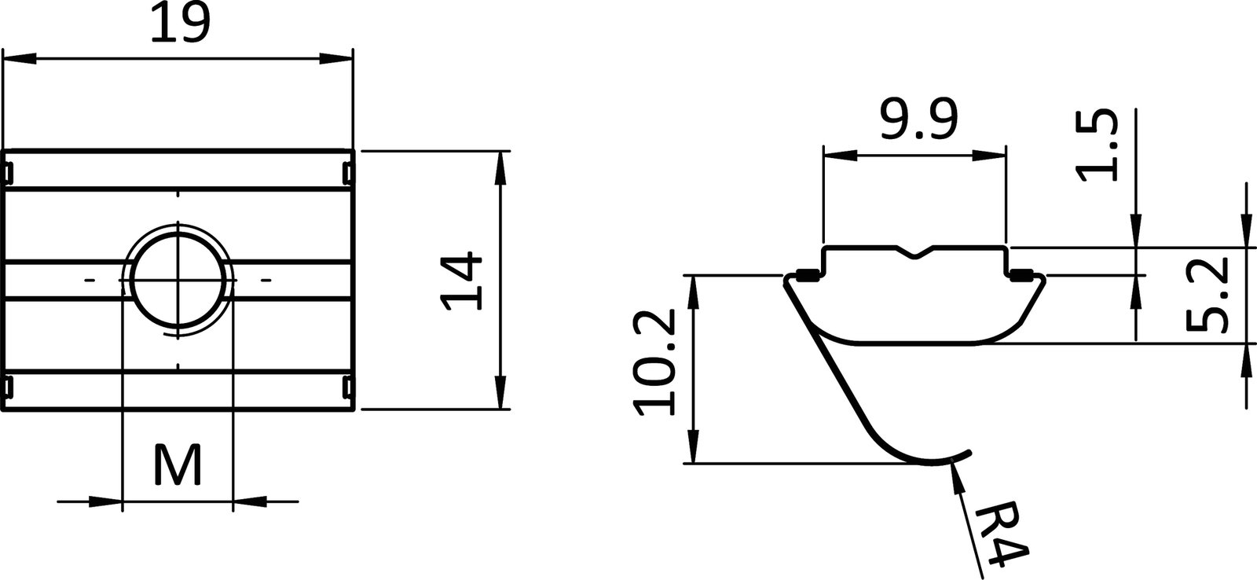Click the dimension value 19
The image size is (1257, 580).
pyautogui.click(x=180, y=24)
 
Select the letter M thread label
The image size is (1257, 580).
pyautogui.click(x=178, y=465)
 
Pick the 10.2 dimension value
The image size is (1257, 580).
pyautogui.click(x=655, y=362)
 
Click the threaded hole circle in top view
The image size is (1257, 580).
pyautogui.click(x=179, y=279)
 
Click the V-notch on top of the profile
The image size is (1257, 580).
pyautogui.click(x=914, y=252)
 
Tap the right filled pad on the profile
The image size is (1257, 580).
pyautogui.click(x=1020, y=274)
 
